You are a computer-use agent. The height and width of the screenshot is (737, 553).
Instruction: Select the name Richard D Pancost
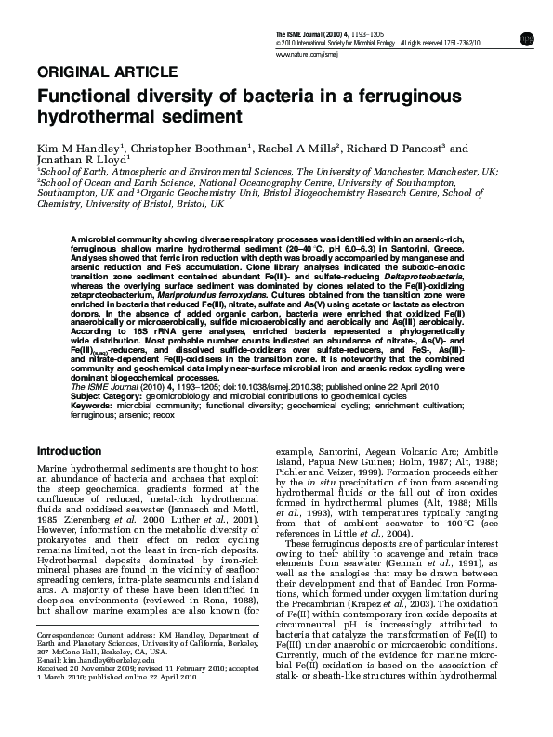click(401, 149)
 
